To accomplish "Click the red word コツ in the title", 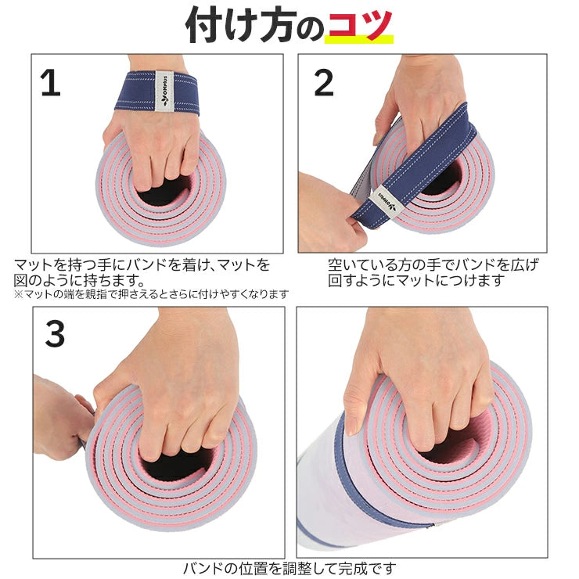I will (x=359, y=25).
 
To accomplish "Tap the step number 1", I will (x=50, y=83).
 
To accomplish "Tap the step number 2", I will (x=323, y=84).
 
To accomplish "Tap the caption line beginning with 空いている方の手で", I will (x=433, y=264).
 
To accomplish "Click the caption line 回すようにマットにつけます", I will (x=416, y=279).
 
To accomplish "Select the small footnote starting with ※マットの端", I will (x=151, y=294).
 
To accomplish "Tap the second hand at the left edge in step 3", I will (x=59, y=415).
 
